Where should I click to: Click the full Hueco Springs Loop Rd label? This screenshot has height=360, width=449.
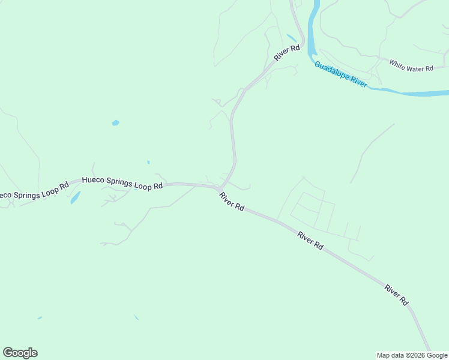tap(122, 182)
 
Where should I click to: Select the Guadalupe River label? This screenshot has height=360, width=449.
tap(340, 73)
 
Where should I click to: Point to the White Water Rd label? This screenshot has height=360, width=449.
tap(411, 65)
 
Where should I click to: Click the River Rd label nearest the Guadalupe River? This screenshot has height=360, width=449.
tap(286, 52)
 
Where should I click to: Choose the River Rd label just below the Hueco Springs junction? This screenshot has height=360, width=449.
tap(232, 201)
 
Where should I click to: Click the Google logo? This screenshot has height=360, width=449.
tap(20, 353)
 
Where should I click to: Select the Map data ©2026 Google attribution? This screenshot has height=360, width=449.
tap(412, 355)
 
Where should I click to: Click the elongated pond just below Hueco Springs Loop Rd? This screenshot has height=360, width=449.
tap(75, 197)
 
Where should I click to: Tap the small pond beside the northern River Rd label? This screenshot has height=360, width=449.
tap(292, 38)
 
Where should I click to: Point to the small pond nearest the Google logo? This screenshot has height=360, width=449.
tap(40, 317)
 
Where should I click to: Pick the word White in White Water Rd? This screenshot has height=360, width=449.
tap(397, 62)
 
